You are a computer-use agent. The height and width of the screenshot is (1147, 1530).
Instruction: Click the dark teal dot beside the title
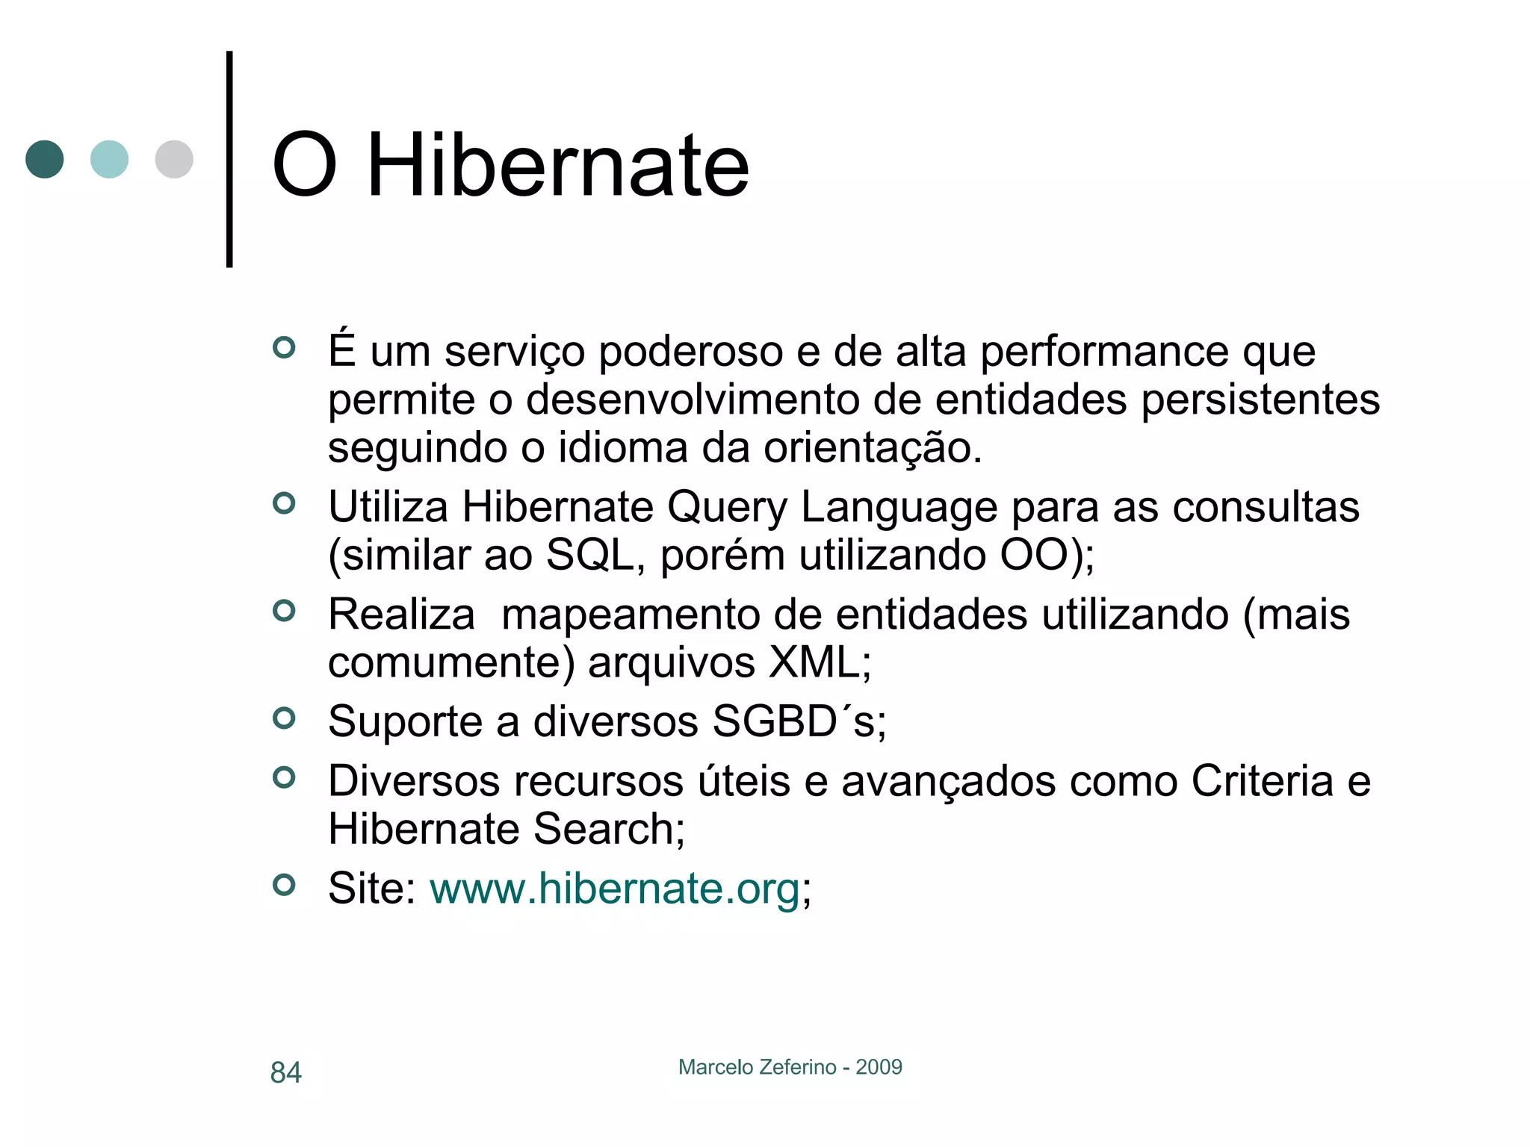point(45,159)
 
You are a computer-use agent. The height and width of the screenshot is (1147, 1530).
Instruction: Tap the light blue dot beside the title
point(109,159)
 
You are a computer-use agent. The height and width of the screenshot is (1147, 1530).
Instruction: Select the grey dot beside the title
point(174,159)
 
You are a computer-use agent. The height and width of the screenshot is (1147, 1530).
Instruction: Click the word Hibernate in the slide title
point(557,165)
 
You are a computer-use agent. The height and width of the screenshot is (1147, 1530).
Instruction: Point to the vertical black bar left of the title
point(229,159)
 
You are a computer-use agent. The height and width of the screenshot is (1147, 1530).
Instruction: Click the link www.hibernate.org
point(614,889)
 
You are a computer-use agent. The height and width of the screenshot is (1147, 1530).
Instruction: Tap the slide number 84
point(285,1072)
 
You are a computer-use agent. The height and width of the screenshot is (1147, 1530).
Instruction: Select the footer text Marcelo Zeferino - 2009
point(790,1067)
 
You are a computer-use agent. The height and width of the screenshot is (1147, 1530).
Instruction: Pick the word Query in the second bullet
point(726,509)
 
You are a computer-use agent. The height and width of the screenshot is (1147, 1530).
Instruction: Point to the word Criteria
point(1262,781)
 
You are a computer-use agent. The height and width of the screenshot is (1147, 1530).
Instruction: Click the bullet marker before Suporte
point(284,718)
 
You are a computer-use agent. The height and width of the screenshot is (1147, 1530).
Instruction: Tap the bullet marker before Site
point(284,885)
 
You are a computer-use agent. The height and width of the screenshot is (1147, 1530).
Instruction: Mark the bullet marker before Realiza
point(284,611)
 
